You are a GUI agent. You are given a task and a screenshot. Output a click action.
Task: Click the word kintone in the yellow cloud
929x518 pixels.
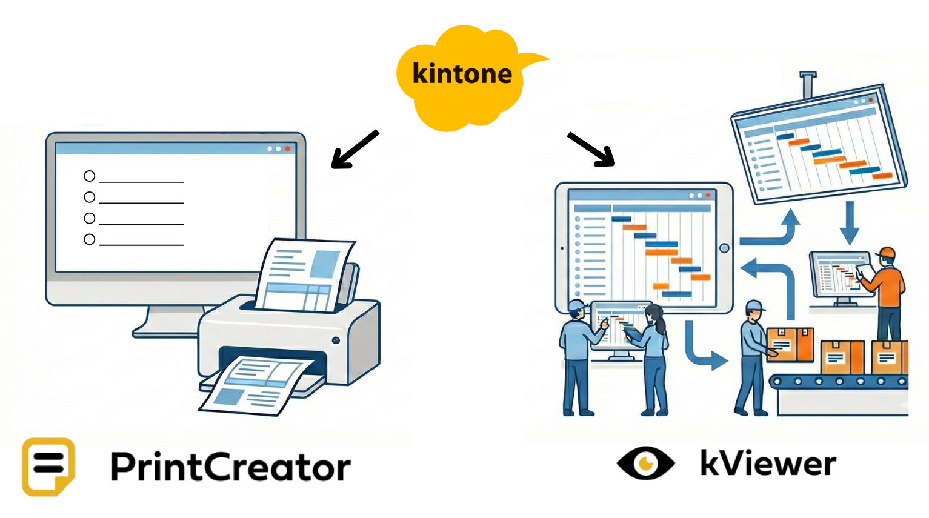click(x=462, y=74)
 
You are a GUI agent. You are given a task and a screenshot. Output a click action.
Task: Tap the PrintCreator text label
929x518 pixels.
click(x=230, y=467)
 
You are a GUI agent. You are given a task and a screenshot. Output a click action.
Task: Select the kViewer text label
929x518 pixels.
click(x=768, y=464)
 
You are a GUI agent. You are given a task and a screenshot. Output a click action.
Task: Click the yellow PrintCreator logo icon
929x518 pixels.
click(x=48, y=467)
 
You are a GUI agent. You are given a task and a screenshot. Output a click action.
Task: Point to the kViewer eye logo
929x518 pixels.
click(x=645, y=463)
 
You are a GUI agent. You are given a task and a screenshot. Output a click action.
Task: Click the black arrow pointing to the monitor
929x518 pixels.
click(x=355, y=149)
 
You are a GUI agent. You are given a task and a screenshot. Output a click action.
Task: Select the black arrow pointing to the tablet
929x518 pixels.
click(x=591, y=149)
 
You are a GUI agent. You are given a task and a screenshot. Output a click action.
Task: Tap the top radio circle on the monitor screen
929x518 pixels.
click(x=90, y=176)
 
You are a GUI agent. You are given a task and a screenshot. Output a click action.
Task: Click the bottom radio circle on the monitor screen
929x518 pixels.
click(x=90, y=239)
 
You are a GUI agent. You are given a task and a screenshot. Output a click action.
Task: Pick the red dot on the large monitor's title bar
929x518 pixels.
click(x=288, y=148)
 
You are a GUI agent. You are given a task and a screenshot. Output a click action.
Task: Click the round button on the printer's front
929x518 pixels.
click(x=336, y=340)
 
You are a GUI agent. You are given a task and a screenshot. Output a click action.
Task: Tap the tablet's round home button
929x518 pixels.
click(x=724, y=248)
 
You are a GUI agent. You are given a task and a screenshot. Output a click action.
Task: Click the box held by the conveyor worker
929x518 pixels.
click(x=790, y=344)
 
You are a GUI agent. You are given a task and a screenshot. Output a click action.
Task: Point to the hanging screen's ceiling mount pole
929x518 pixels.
click(x=808, y=85)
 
